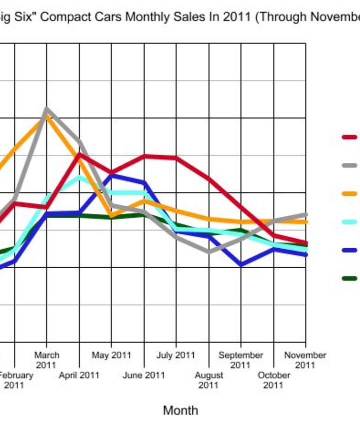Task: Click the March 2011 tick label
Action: (x=46, y=360)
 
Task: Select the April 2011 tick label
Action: (x=78, y=375)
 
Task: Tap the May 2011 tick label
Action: (x=111, y=355)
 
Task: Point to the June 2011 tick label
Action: (x=143, y=375)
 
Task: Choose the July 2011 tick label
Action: (x=175, y=355)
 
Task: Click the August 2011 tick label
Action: (x=208, y=380)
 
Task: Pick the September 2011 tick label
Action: (x=240, y=360)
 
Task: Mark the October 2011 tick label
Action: (x=273, y=380)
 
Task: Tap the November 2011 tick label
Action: (x=305, y=360)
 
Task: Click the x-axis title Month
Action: (x=180, y=411)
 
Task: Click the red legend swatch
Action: (x=349, y=137)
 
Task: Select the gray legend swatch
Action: (x=349, y=165)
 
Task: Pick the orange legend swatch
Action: (x=349, y=193)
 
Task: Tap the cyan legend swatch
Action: (x=349, y=222)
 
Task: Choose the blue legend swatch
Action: (x=349, y=250)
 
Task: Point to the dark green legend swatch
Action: (x=349, y=278)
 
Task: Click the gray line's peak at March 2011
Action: (x=46, y=108)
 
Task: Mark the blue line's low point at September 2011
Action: (x=241, y=265)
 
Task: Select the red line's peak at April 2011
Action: (x=79, y=154)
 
